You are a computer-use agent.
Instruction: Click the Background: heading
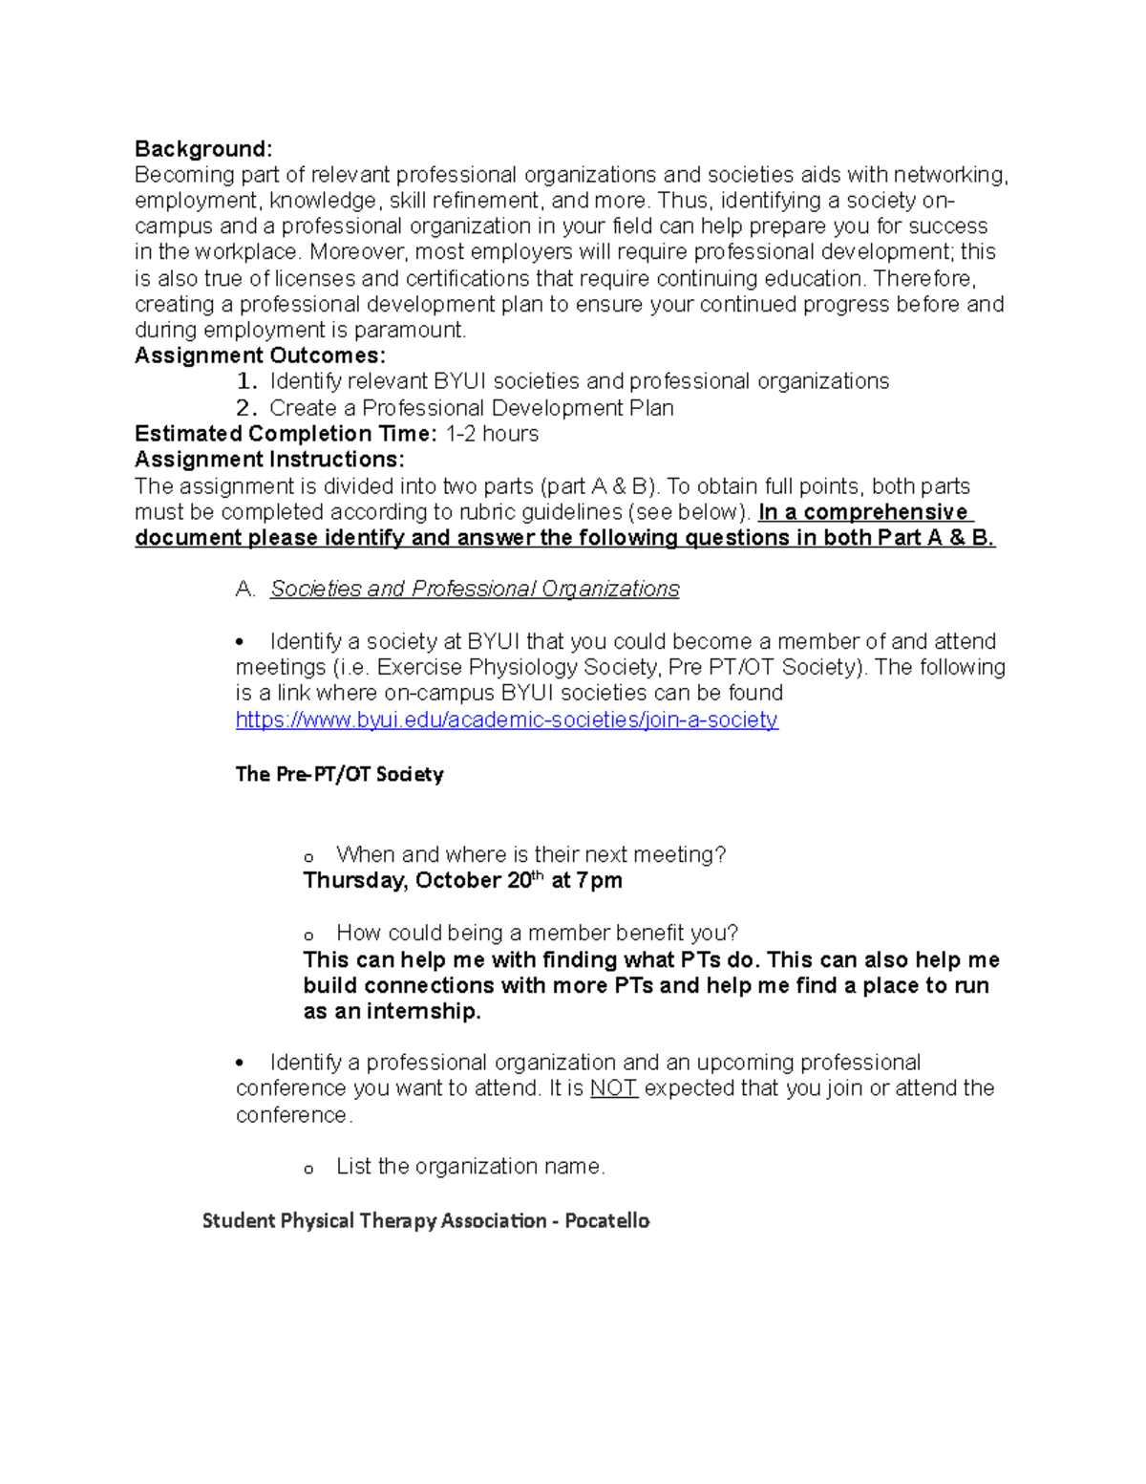pyautogui.click(x=203, y=149)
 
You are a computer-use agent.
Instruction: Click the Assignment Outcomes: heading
pyautogui.click(x=260, y=355)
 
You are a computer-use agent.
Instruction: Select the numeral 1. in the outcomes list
pyautogui.click(x=246, y=381)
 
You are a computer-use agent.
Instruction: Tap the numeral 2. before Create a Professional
pyautogui.click(x=246, y=408)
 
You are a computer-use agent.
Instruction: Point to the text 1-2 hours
pyautogui.click(x=492, y=434)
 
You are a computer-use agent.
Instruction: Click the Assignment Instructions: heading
pyautogui.click(x=269, y=460)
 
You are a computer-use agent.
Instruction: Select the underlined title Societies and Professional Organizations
pyautogui.click(x=475, y=589)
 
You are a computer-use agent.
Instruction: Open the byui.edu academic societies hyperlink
pyautogui.click(x=506, y=720)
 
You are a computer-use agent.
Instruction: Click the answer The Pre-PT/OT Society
pyautogui.click(x=339, y=774)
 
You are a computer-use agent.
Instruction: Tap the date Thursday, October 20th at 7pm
pyautogui.click(x=462, y=880)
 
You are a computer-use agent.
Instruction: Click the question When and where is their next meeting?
pyautogui.click(x=531, y=854)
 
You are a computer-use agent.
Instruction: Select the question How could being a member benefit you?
pyautogui.click(x=537, y=933)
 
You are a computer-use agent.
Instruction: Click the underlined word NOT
pyautogui.click(x=613, y=1088)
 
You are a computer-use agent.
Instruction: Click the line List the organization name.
pyautogui.click(x=470, y=1167)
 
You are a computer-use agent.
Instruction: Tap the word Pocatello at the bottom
pyautogui.click(x=606, y=1220)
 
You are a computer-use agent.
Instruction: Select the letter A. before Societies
pyautogui.click(x=245, y=589)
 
